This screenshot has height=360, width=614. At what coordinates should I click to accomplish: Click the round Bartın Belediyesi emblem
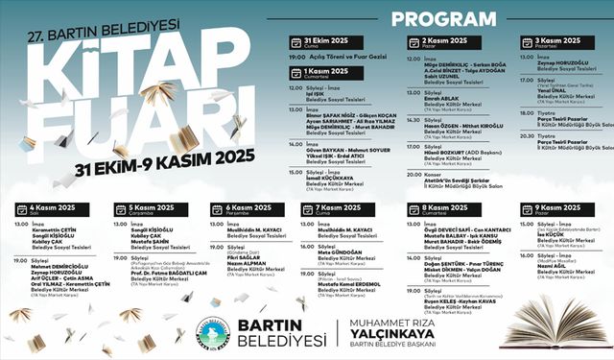[x=207, y=324]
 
